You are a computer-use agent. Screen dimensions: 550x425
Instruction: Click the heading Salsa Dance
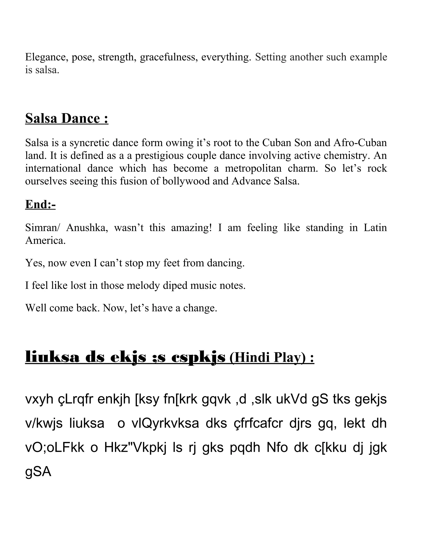67,119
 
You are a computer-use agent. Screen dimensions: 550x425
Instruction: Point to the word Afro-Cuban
360,143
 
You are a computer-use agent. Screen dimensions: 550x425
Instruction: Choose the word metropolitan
253,169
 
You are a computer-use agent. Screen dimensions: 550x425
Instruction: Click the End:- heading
40,204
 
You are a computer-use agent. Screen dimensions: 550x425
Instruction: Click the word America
45,241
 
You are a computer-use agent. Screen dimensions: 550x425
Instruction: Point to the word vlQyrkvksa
165,424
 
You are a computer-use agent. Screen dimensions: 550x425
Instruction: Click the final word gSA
38,472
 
